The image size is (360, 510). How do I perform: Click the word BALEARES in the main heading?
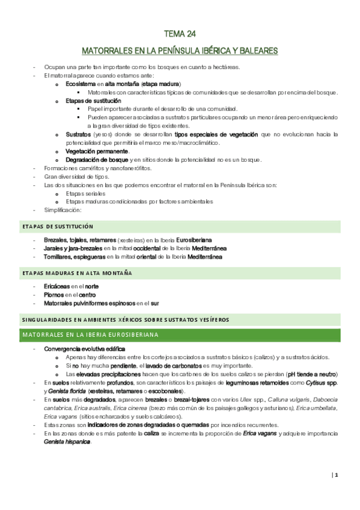click(x=258, y=51)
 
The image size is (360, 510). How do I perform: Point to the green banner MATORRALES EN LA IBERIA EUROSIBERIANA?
click(x=90, y=333)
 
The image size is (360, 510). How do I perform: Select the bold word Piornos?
click(x=53, y=295)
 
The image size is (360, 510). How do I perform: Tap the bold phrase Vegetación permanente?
click(x=97, y=151)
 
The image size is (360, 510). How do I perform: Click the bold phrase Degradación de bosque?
click(x=97, y=159)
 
